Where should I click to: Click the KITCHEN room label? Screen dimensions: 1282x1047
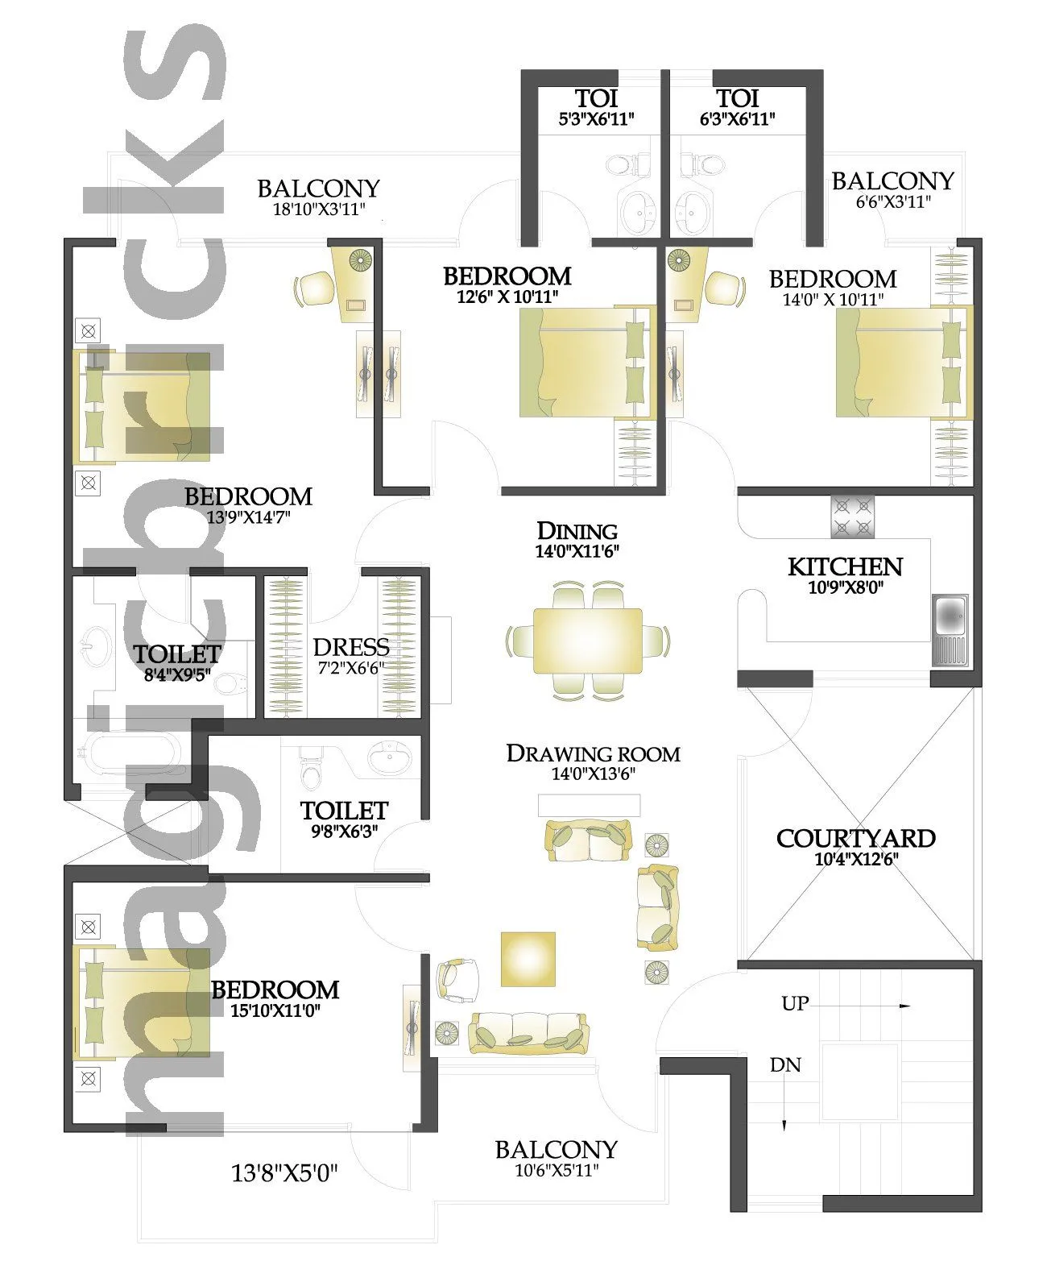[x=845, y=566]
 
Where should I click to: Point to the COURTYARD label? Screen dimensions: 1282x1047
[x=855, y=839]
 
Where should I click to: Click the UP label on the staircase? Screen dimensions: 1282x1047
[x=795, y=1004]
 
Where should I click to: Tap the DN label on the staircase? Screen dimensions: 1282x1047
[x=785, y=1065]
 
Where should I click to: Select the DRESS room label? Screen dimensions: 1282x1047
[x=351, y=647]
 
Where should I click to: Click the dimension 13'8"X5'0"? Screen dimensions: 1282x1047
[x=284, y=1173]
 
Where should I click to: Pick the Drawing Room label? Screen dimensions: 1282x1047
[x=593, y=754]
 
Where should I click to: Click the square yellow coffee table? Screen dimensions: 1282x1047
[x=528, y=959]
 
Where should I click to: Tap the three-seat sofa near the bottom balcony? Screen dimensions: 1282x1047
[x=528, y=1033]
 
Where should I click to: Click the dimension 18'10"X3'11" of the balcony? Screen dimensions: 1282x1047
[x=319, y=210]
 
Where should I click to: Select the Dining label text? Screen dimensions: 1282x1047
[x=577, y=532]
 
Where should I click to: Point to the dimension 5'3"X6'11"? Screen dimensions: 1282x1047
[x=597, y=119]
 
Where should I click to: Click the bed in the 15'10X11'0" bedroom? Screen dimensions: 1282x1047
[x=142, y=1002]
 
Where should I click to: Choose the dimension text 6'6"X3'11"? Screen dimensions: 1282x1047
[x=892, y=201]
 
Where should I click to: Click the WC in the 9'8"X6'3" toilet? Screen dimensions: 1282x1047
[x=310, y=769]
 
